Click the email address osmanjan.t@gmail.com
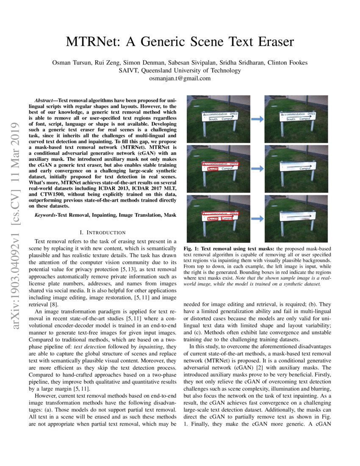coord(180,78)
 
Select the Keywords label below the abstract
coord(48,215)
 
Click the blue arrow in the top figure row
coord(257,119)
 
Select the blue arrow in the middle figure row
coord(257,168)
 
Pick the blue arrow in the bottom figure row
coord(257,218)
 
